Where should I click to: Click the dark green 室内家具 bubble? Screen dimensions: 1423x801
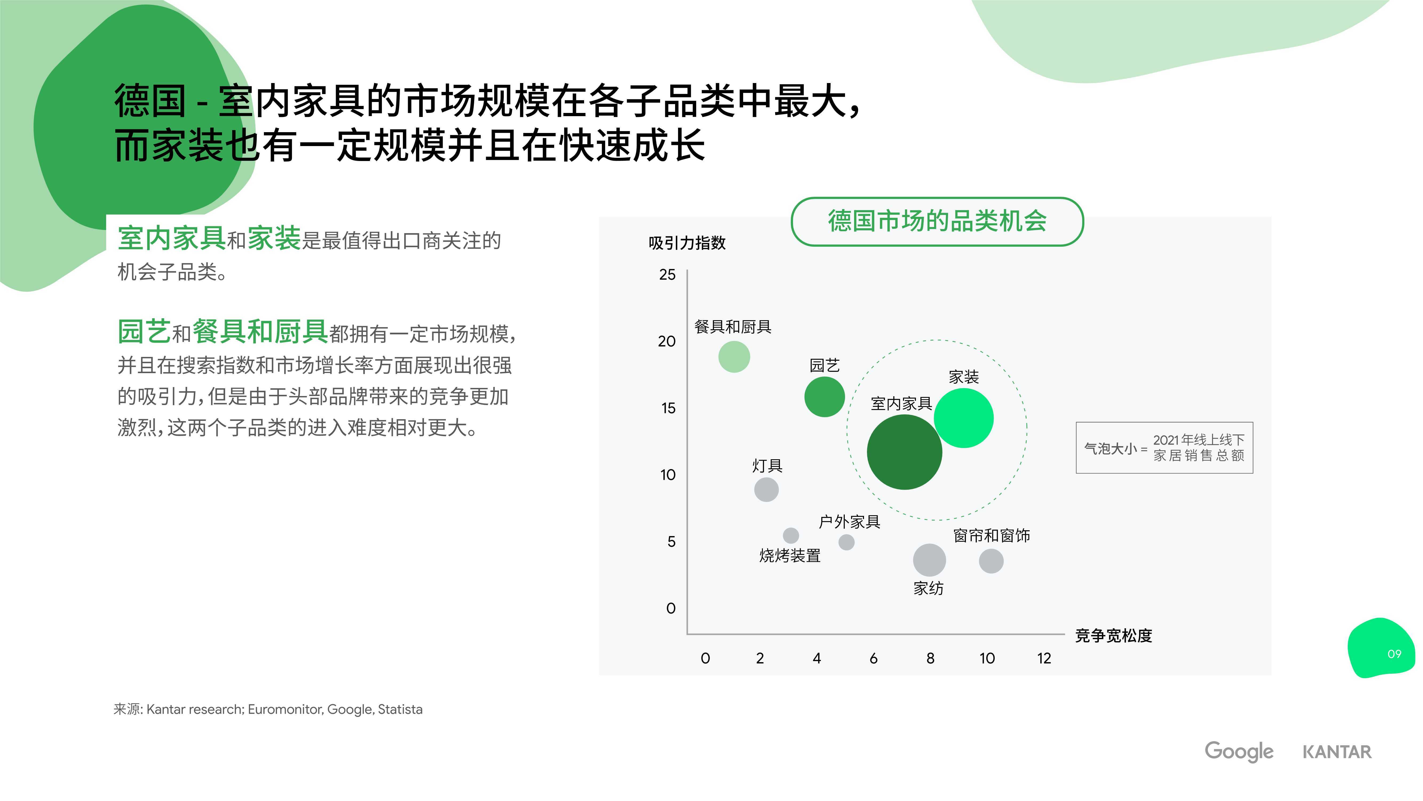tap(904, 452)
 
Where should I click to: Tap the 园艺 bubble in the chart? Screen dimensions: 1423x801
tap(824, 397)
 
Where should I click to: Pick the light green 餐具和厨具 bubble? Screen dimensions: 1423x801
tap(734, 356)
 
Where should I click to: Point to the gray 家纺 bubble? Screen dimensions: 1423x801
tap(929, 560)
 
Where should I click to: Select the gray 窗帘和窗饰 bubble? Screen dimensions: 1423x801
tap(991, 561)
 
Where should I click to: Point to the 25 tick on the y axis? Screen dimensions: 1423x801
tap(667, 275)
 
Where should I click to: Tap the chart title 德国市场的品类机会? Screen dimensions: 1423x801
tap(937, 221)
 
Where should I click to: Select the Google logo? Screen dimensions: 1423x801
tap(1239, 752)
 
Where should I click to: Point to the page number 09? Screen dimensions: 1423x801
tap(1394, 654)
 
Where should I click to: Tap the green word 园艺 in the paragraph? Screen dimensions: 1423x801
tap(144, 332)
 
